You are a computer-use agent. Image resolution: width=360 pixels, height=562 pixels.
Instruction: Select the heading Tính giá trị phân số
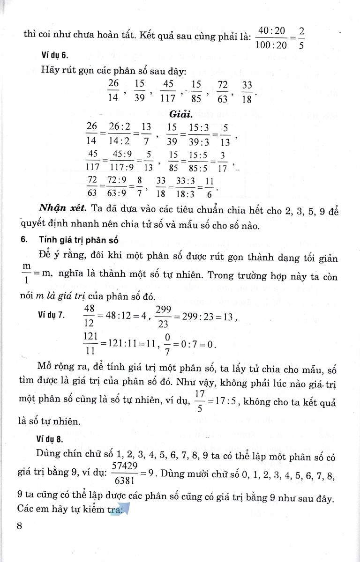click(78, 241)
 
